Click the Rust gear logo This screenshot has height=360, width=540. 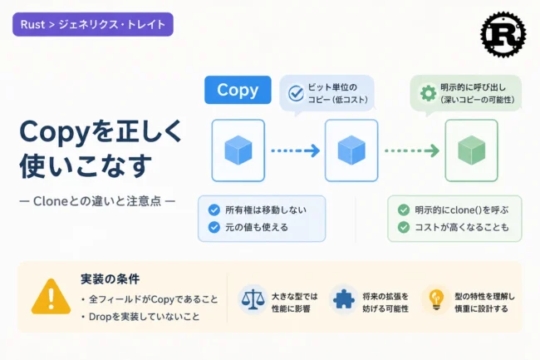[x=503, y=34]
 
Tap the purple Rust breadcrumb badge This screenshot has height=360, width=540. [x=93, y=24]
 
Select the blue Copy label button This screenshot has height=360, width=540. [x=238, y=90]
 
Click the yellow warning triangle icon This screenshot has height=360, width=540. [x=51, y=297]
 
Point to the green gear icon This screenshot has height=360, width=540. [x=428, y=93]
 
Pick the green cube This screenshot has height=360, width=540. [x=472, y=150]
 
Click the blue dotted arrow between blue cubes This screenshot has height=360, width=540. [x=296, y=150]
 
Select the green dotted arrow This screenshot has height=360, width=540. [x=412, y=150]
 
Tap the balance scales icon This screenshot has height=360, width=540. [x=253, y=299]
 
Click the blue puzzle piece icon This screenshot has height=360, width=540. [x=344, y=299]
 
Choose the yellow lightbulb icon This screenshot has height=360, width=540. [x=436, y=299]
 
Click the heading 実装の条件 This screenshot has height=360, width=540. [x=110, y=279]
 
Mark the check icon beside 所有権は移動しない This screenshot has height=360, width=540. [x=214, y=210]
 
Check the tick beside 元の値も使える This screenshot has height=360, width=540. [x=214, y=227]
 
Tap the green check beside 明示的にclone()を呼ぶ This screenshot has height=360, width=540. [x=404, y=210]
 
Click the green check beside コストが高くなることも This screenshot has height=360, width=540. [x=404, y=227]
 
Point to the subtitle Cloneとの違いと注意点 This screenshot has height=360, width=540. [x=97, y=201]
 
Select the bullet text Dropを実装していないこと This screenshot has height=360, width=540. [x=145, y=317]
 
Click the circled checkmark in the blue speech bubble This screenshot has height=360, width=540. [x=296, y=93]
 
